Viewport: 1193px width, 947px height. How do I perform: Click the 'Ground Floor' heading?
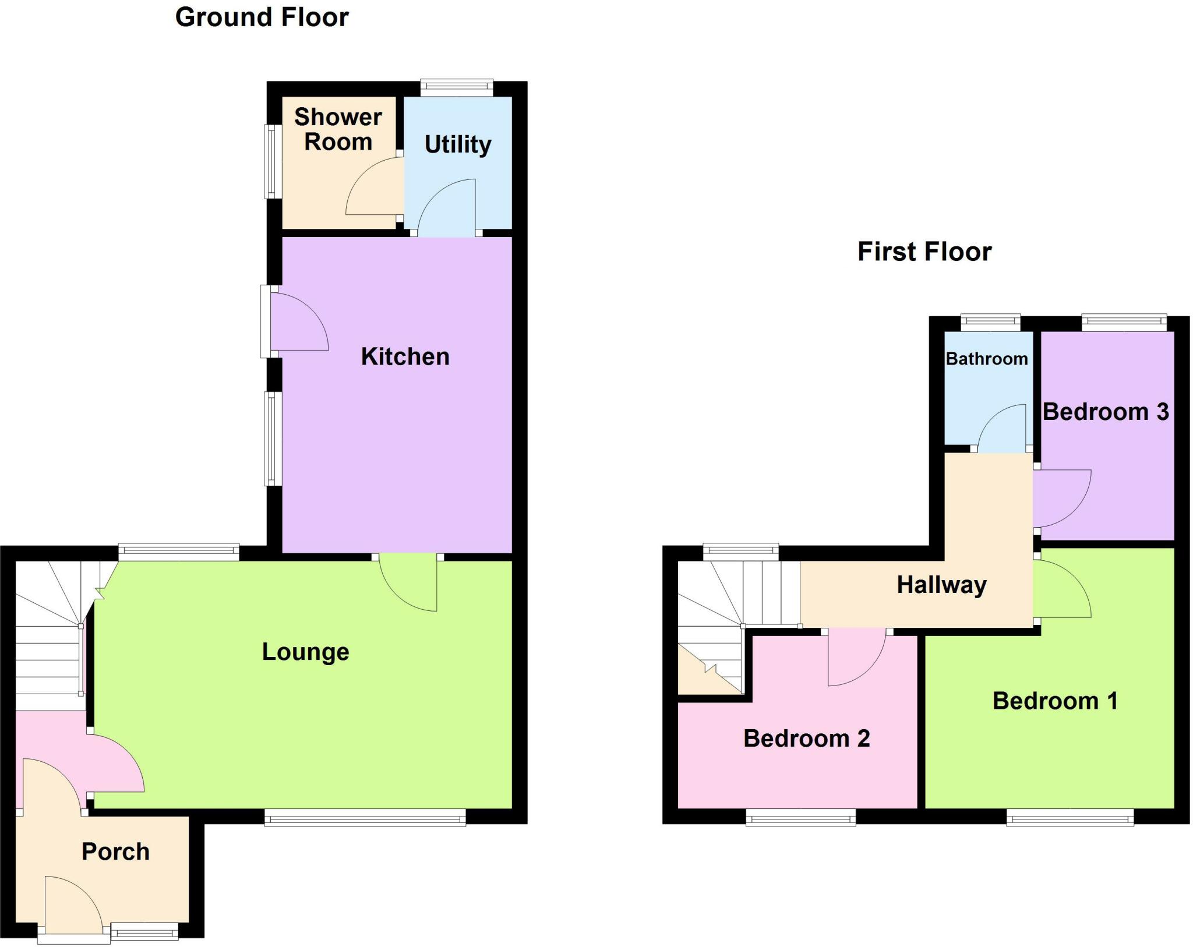point(262,17)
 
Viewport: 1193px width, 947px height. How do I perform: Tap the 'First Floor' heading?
point(924,252)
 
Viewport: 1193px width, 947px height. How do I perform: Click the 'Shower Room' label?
point(338,129)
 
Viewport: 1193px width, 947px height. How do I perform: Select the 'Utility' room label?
point(458,144)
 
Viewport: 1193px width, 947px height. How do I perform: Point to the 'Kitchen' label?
point(405,356)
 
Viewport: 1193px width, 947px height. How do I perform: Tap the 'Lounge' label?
point(305,652)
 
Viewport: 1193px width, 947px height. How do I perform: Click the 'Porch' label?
point(115,851)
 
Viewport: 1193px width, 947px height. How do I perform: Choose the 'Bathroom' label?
point(986,359)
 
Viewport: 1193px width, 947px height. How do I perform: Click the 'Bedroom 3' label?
point(1105,412)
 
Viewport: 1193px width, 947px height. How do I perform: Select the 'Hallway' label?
point(941,585)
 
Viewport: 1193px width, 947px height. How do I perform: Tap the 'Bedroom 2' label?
point(806,738)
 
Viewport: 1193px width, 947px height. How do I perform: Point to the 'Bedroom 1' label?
point(1055,701)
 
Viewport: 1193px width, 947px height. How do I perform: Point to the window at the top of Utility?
point(457,87)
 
